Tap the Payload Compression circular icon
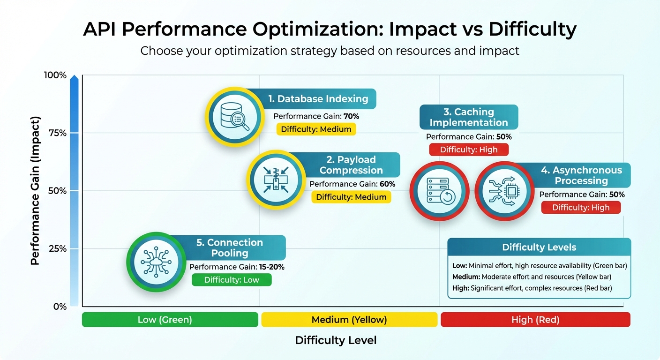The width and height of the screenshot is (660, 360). point(275,179)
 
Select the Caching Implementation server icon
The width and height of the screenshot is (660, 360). point(439,191)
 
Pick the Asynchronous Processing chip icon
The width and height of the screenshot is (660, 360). point(504,191)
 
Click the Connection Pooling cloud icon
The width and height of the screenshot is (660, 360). point(156,262)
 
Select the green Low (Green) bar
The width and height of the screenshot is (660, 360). point(170,320)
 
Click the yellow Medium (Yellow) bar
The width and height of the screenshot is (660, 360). point(350,320)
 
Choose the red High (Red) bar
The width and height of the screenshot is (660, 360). point(535,320)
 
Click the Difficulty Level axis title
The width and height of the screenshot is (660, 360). point(336,340)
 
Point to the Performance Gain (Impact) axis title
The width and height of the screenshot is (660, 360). point(36,191)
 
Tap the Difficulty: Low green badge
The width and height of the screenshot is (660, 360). point(232,280)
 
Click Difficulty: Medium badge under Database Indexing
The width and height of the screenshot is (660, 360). point(316,129)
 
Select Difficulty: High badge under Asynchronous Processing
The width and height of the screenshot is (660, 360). point(581,207)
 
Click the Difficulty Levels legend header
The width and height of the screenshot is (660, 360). point(539,247)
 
